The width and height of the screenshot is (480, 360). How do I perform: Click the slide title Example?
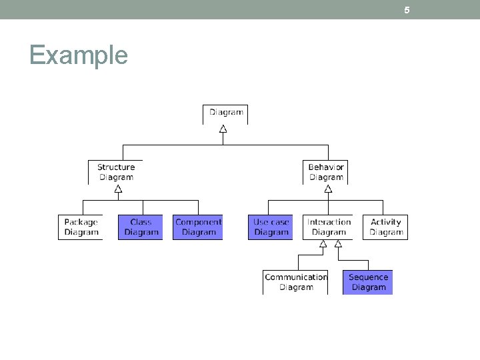click(x=79, y=55)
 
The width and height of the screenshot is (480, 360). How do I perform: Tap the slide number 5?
click(x=407, y=10)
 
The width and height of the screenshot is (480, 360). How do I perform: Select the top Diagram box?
click(x=225, y=113)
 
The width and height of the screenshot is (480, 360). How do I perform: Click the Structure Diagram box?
click(x=116, y=172)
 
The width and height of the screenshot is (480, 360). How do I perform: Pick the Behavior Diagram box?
click(x=326, y=172)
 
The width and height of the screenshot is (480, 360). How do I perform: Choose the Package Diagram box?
click(x=81, y=227)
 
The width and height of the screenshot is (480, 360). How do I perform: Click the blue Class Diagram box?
click(x=141, y=227)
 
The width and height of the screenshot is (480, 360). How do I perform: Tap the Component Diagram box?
click(x=198, y=227)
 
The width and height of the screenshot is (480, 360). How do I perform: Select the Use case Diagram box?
click(x=271, y=227)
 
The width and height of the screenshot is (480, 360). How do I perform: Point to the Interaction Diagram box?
click(x=329, y=227)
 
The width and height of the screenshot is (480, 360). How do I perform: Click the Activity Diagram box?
click(x=385, y=227)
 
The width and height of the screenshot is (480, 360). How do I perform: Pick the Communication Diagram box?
click(x=295, y=282)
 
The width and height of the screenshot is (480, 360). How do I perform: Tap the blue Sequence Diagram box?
click(x=368, y=282)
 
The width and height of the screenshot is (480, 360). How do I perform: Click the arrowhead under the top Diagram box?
click(x=223, y=129)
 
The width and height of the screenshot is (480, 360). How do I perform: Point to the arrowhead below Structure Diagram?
click(x=118, y=189)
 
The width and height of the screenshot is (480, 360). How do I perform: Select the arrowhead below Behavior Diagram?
click(x=328, y=189)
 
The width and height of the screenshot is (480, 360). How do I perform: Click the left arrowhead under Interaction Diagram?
click(x=323, y=244)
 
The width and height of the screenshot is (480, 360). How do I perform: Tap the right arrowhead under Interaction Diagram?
click(x=338, y=244)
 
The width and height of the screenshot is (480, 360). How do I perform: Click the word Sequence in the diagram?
click(x=368, y=277)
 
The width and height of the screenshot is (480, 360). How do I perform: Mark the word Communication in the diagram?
click(x=296, y=277)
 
